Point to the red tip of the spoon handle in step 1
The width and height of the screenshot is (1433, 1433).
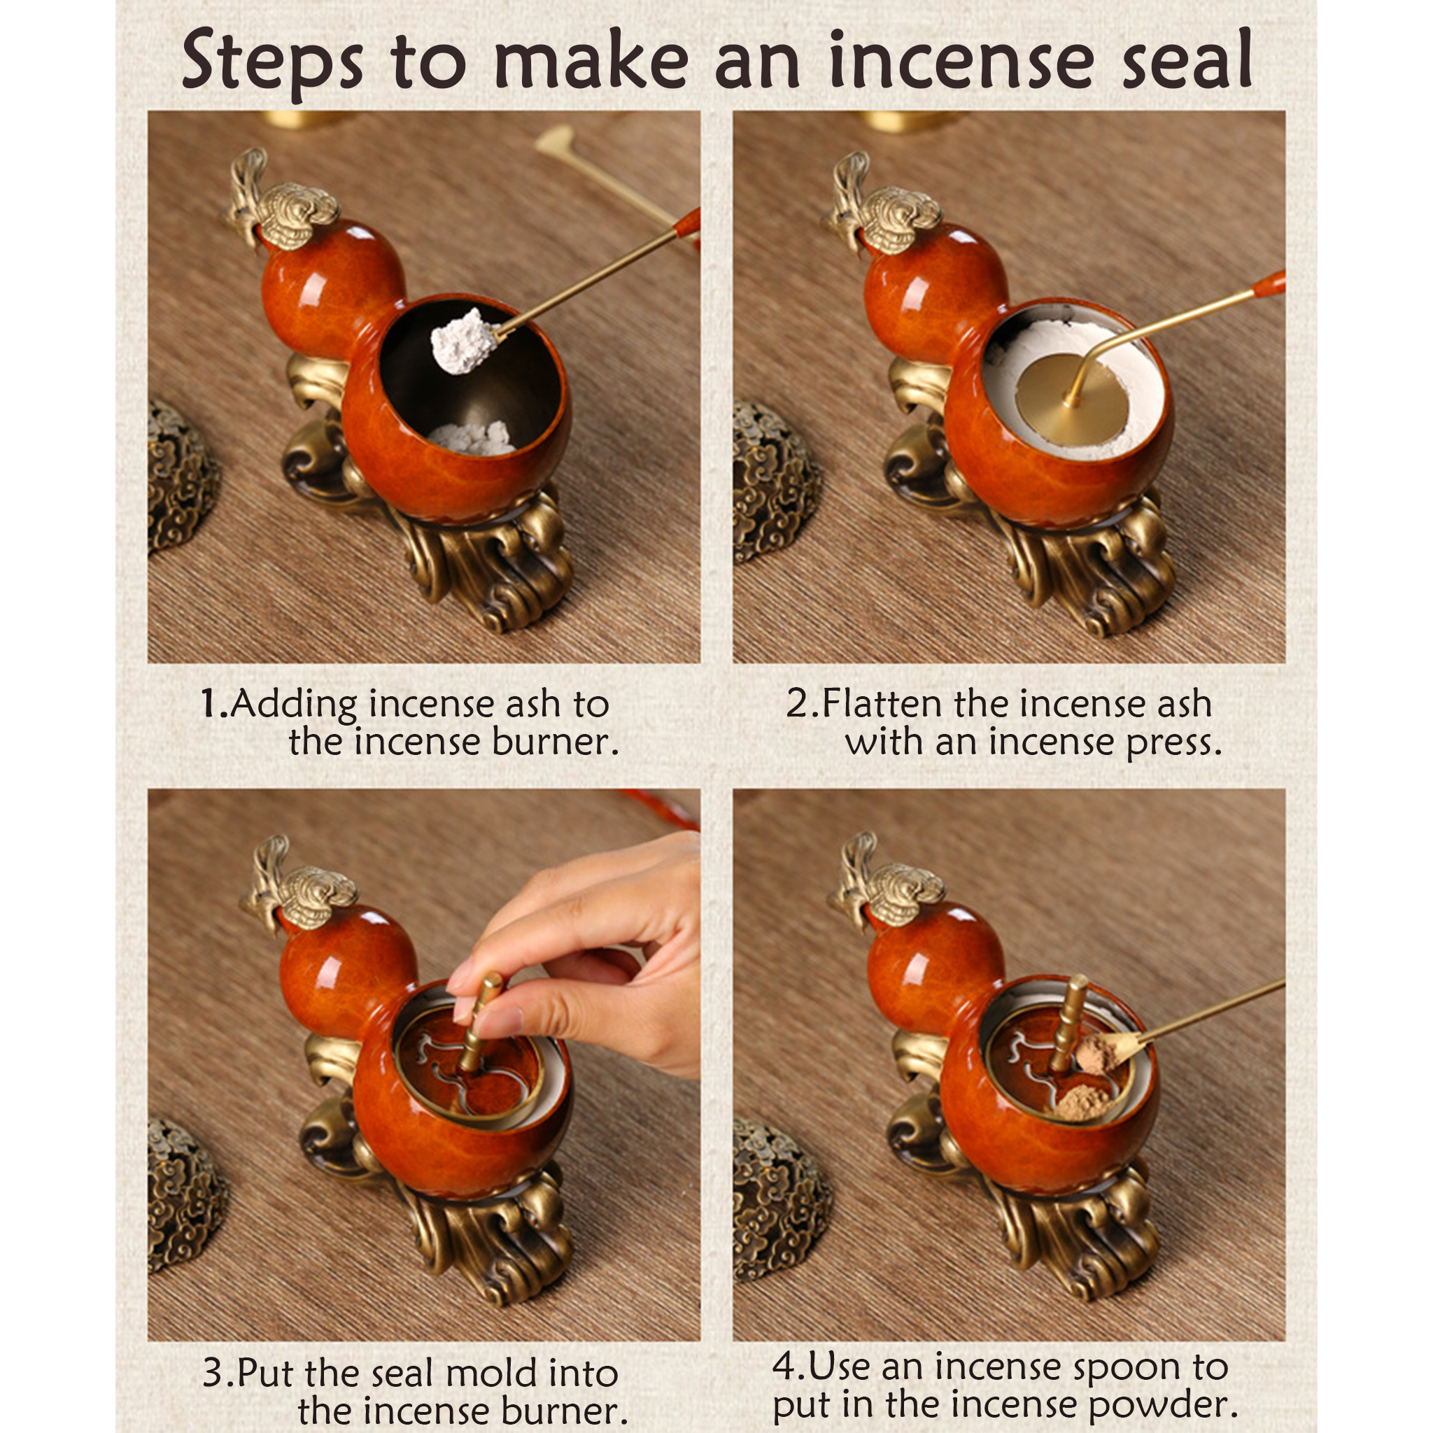coord(689,222)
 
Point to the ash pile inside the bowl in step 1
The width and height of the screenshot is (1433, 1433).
coord(472,437)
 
